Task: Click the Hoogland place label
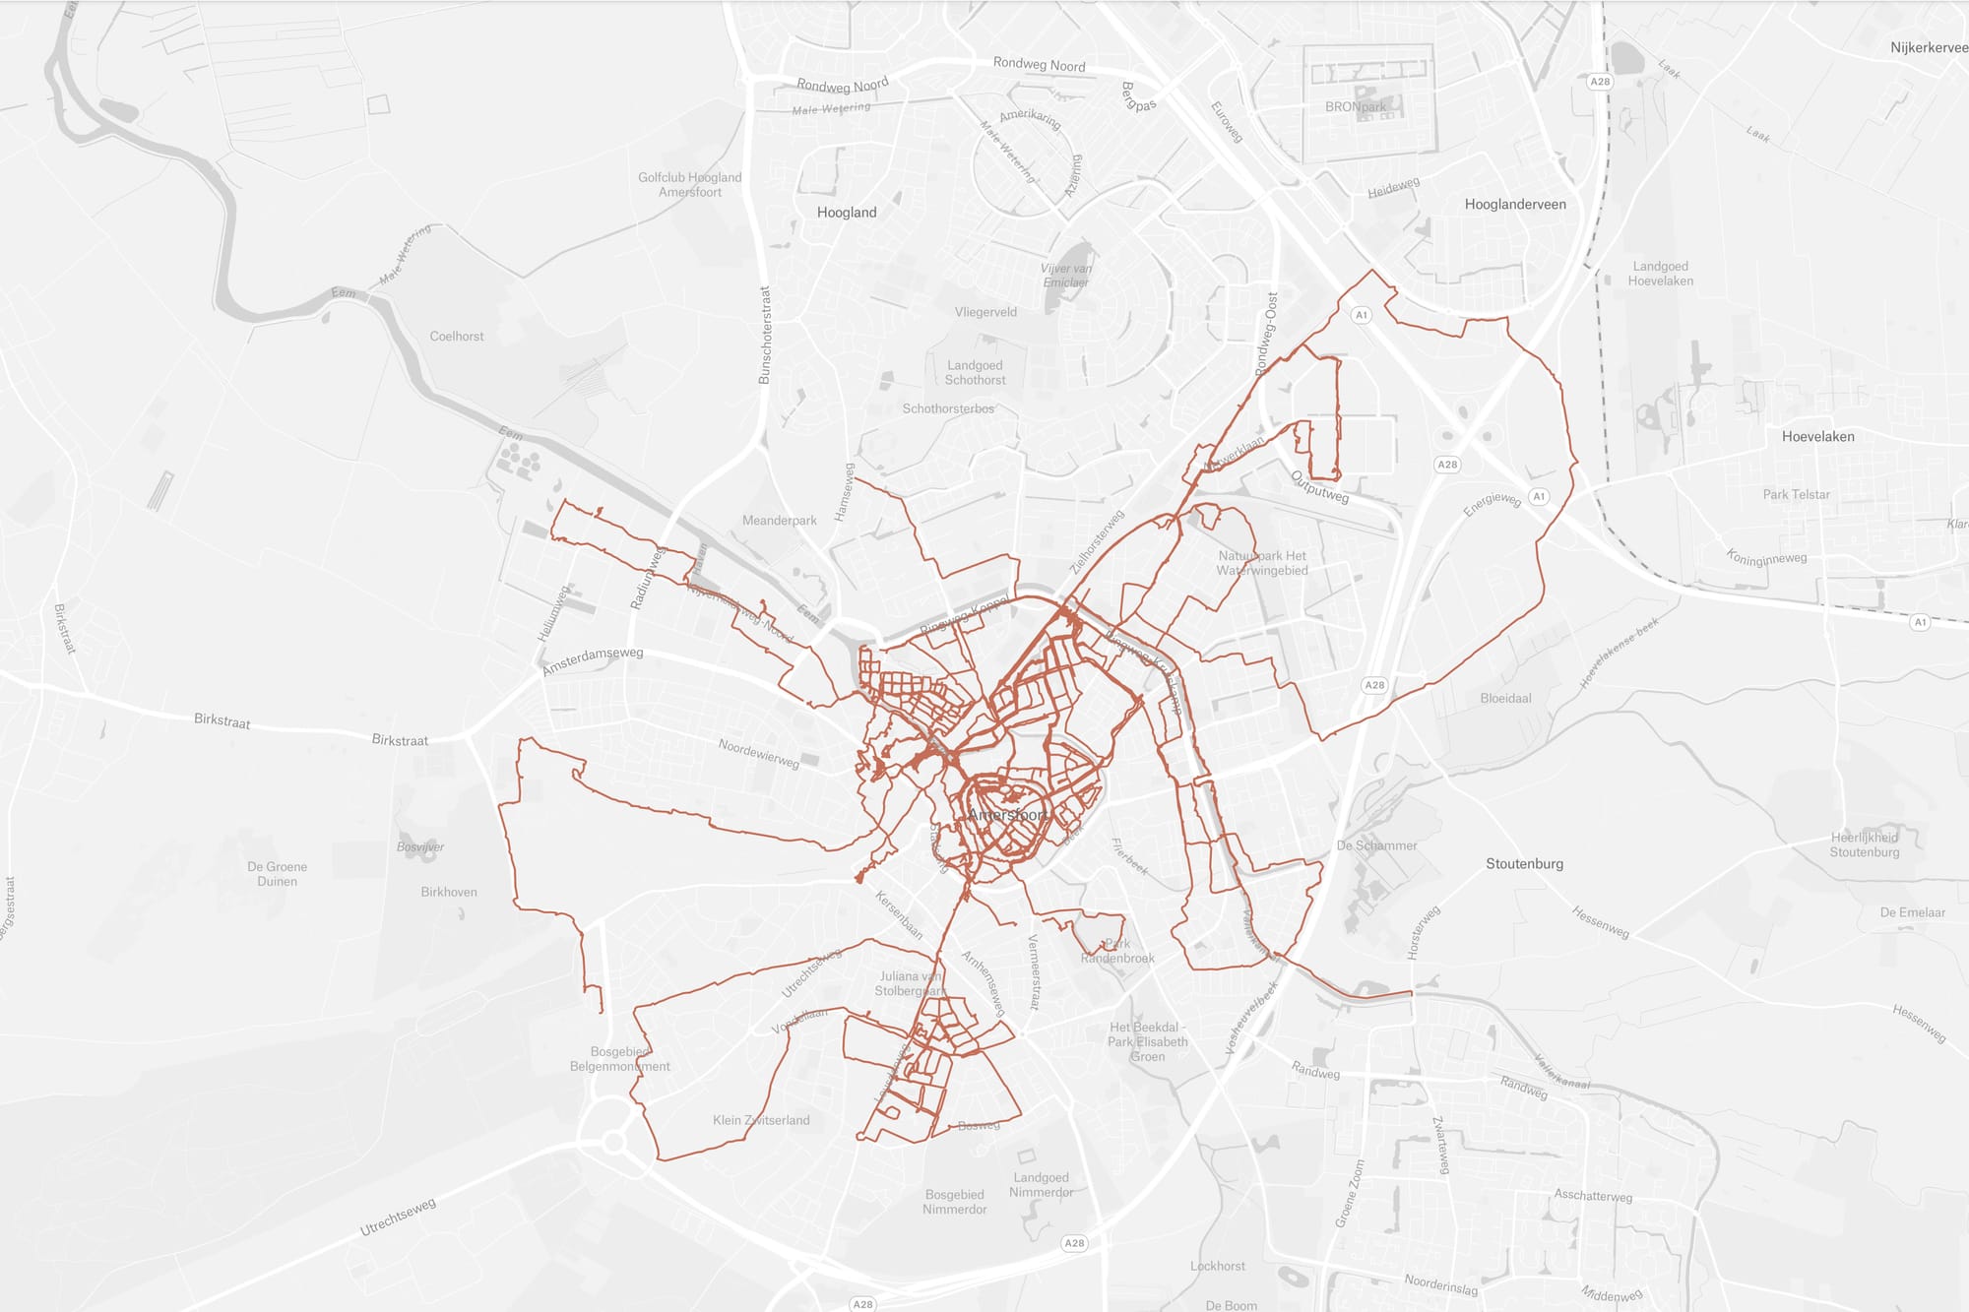(846, 213)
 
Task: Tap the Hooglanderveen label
(1514, 205)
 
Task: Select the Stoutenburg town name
(1524, 864)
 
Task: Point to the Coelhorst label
(457, 337)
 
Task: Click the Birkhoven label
(449, 893)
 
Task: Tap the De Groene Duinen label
(277, 874)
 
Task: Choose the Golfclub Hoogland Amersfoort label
(689, 185)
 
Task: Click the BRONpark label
(1355, 107)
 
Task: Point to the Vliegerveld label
(985, 312)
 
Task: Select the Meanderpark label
(779, 521)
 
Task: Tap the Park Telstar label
(1796, 495)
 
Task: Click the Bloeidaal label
(1505, 699)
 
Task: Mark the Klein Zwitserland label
(761, 1120)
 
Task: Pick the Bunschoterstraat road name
(765, 335)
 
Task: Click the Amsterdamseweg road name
(592, 660)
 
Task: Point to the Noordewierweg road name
(758, 754)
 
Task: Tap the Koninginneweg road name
(1766, 558)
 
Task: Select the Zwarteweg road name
(1440, 1145)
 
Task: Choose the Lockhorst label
(1217, 1267)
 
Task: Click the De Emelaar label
(1912, 912)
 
